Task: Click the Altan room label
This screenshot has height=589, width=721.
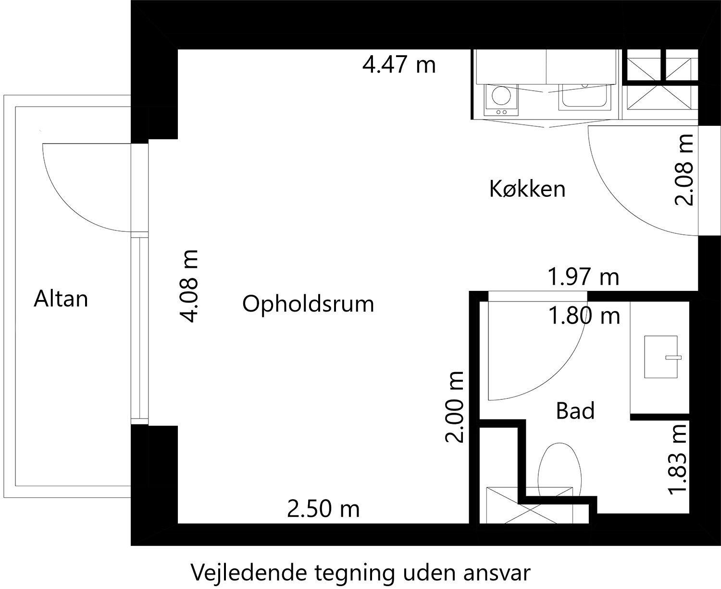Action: [61, 299]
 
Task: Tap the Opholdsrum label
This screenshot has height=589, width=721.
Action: [308, 304]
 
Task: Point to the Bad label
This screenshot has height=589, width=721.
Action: [575, 410]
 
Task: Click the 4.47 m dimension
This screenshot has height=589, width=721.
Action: [399, 64]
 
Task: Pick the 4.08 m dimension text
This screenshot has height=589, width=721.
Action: [189, 286]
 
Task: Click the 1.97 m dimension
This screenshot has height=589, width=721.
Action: [584, 276]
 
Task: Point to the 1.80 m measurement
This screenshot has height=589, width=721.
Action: [584, 316]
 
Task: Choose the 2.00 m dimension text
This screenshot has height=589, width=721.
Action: [455, 407]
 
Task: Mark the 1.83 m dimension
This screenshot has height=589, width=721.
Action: [678, 459]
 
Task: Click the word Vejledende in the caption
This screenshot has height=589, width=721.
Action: [249, 573]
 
